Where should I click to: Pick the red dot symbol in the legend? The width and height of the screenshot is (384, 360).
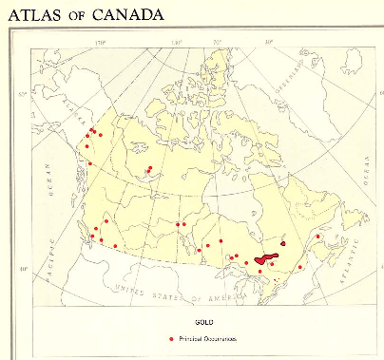coord(170,339)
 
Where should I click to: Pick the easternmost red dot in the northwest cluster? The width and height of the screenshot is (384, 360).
coord(101,136)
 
